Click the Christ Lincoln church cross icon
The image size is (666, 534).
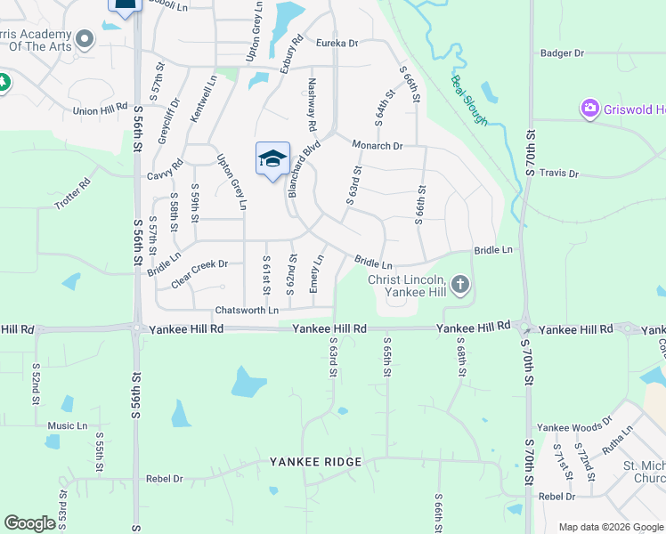459,285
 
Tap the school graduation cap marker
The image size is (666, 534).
272,158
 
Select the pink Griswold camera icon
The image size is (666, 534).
589,109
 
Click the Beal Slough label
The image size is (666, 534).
469,100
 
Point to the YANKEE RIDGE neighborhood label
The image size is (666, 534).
316,462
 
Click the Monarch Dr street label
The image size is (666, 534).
377,145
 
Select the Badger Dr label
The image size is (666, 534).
562,53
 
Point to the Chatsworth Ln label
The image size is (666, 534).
247,310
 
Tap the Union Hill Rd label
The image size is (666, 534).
101,110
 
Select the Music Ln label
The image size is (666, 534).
68,425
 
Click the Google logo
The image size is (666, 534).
29,523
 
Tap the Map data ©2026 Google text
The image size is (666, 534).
610,527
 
